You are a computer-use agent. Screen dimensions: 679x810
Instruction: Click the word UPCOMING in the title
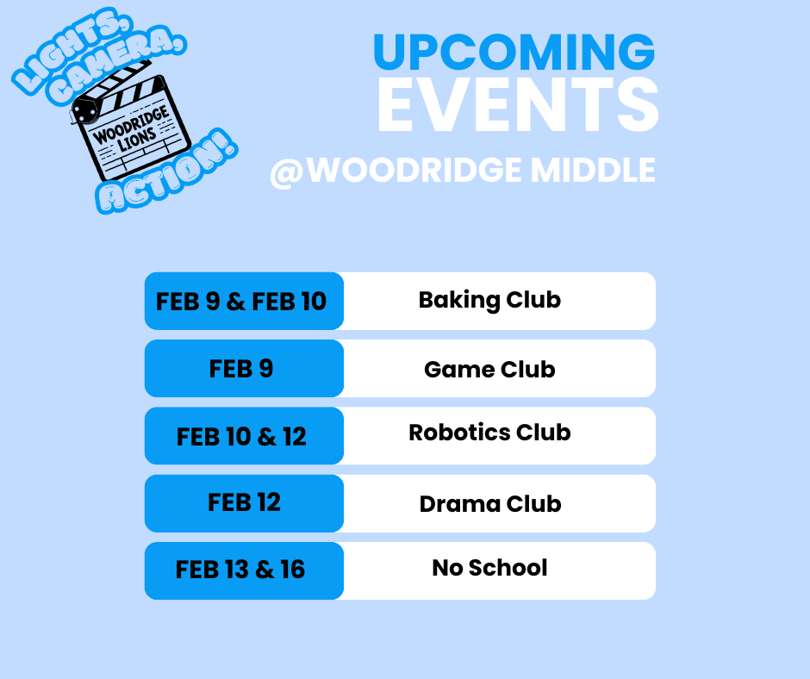pyautogui.click(x=514, y=53)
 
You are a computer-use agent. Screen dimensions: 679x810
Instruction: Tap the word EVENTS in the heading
pyautogui.click(x=517, y=107)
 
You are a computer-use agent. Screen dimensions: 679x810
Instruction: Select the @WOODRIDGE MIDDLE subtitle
pyautogui.click(x=463, y=170)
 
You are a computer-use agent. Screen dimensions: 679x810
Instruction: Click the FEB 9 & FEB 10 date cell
pyautogui.click(x=242, y=302)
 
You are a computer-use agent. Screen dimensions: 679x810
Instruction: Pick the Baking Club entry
pyautogui.click(x=489, y=300)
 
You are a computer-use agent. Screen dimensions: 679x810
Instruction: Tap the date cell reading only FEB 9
pyautogui.click(x=241, y=369)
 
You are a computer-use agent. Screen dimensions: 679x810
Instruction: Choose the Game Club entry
pyautogui.click(x=489, y=370)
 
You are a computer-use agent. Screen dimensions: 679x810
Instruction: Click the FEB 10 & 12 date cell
pyautogui.click(x=242, y=436)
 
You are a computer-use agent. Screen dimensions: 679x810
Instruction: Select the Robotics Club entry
pyautogui.click(x=489, y=433)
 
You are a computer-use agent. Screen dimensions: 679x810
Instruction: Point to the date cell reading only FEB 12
pyautogui.click(x=244, y=502)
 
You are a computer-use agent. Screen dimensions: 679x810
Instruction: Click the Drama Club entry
pyautogui.click(x=490, y=504)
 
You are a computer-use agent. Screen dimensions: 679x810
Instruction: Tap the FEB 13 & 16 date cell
pyautogui.click(x=241, y=570)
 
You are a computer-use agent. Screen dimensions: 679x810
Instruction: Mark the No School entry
pyautogui.click(x=489, y=568)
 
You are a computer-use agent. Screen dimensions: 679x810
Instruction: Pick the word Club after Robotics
pyautogui.click(x=541, y=433)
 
